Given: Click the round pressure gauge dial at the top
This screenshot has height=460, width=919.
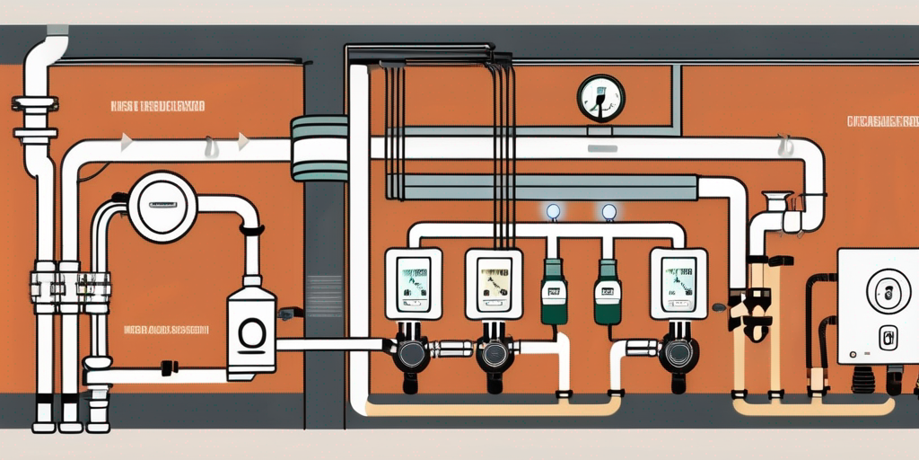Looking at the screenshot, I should (600, 99).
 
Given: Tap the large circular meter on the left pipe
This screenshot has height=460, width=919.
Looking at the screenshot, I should (162, 207).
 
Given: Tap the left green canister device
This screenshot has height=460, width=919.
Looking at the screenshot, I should (554, 293).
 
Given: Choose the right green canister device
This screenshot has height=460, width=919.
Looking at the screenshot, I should (608, 293).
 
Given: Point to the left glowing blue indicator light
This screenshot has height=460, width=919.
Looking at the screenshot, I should (553, 212).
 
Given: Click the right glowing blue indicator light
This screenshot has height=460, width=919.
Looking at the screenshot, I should (609, 212).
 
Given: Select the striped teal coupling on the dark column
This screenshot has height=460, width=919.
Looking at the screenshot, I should (320, 148).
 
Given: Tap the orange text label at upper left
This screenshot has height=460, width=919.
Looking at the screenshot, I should (158, 107).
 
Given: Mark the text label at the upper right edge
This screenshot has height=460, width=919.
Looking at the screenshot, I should (882, 120).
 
